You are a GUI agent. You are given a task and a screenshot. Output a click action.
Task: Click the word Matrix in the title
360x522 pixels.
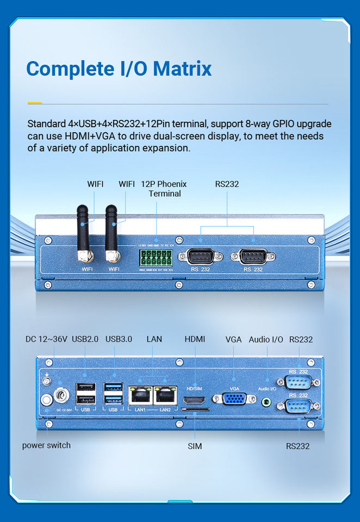click(182, 69)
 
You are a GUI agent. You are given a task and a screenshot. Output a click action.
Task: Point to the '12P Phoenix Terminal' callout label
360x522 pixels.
click(164, 189)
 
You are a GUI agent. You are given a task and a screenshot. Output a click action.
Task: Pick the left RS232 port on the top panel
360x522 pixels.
click(201, 256)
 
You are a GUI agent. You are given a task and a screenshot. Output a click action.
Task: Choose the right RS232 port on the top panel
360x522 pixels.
click(253, 256)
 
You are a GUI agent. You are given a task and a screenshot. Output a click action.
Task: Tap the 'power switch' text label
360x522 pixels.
click(46, 445)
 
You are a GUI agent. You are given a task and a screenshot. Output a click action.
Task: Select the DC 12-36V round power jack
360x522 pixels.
click(61, 392)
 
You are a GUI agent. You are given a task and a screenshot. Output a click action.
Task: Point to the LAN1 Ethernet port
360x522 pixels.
click(140, 395)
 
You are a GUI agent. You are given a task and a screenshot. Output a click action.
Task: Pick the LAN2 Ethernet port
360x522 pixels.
click(165, 395)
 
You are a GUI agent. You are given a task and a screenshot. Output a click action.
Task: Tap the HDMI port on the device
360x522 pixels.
click(194, 401)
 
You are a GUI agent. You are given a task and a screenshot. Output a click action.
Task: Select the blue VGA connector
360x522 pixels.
click(234, 399)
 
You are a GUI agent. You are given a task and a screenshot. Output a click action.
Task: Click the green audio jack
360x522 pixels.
click(266, 401)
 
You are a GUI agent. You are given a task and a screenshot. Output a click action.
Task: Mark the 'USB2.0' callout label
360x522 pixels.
click(85, 339)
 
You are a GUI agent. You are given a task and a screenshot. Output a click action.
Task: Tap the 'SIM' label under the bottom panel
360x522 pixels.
click(195, 446)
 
